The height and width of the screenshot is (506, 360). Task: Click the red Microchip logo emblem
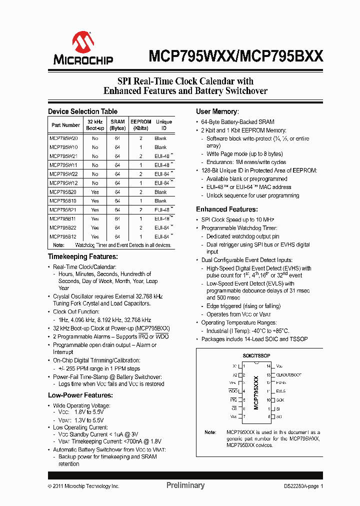[83, 42]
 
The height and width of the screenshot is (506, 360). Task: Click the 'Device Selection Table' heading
[82, 111]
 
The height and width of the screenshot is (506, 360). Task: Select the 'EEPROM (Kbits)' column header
[140, 125]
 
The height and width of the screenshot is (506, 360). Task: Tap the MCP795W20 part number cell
[63, 138]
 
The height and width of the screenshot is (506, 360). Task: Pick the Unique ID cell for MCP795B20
[160, 192]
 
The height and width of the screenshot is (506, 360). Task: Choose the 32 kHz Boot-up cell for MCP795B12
[95, 236]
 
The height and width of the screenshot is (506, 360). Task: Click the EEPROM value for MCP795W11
[141, 165]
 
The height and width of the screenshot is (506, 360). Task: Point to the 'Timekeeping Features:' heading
[82, 256]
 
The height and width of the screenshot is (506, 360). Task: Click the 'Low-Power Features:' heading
[79, 395]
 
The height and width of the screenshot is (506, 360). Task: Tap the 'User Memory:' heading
[217, 111]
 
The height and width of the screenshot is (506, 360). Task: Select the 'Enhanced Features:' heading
[226, 209]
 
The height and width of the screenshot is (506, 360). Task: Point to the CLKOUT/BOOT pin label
[288, 374]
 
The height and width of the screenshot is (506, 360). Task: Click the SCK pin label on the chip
[280, 400]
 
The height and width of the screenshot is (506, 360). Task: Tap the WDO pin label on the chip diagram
[232, 391]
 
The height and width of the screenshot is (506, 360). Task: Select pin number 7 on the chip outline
[244, 416]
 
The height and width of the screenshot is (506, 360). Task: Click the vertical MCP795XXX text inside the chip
[256, 392]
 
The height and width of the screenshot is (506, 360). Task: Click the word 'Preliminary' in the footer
[185, 485]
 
